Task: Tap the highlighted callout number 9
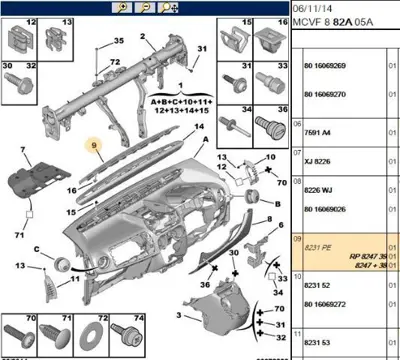[96, 146]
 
